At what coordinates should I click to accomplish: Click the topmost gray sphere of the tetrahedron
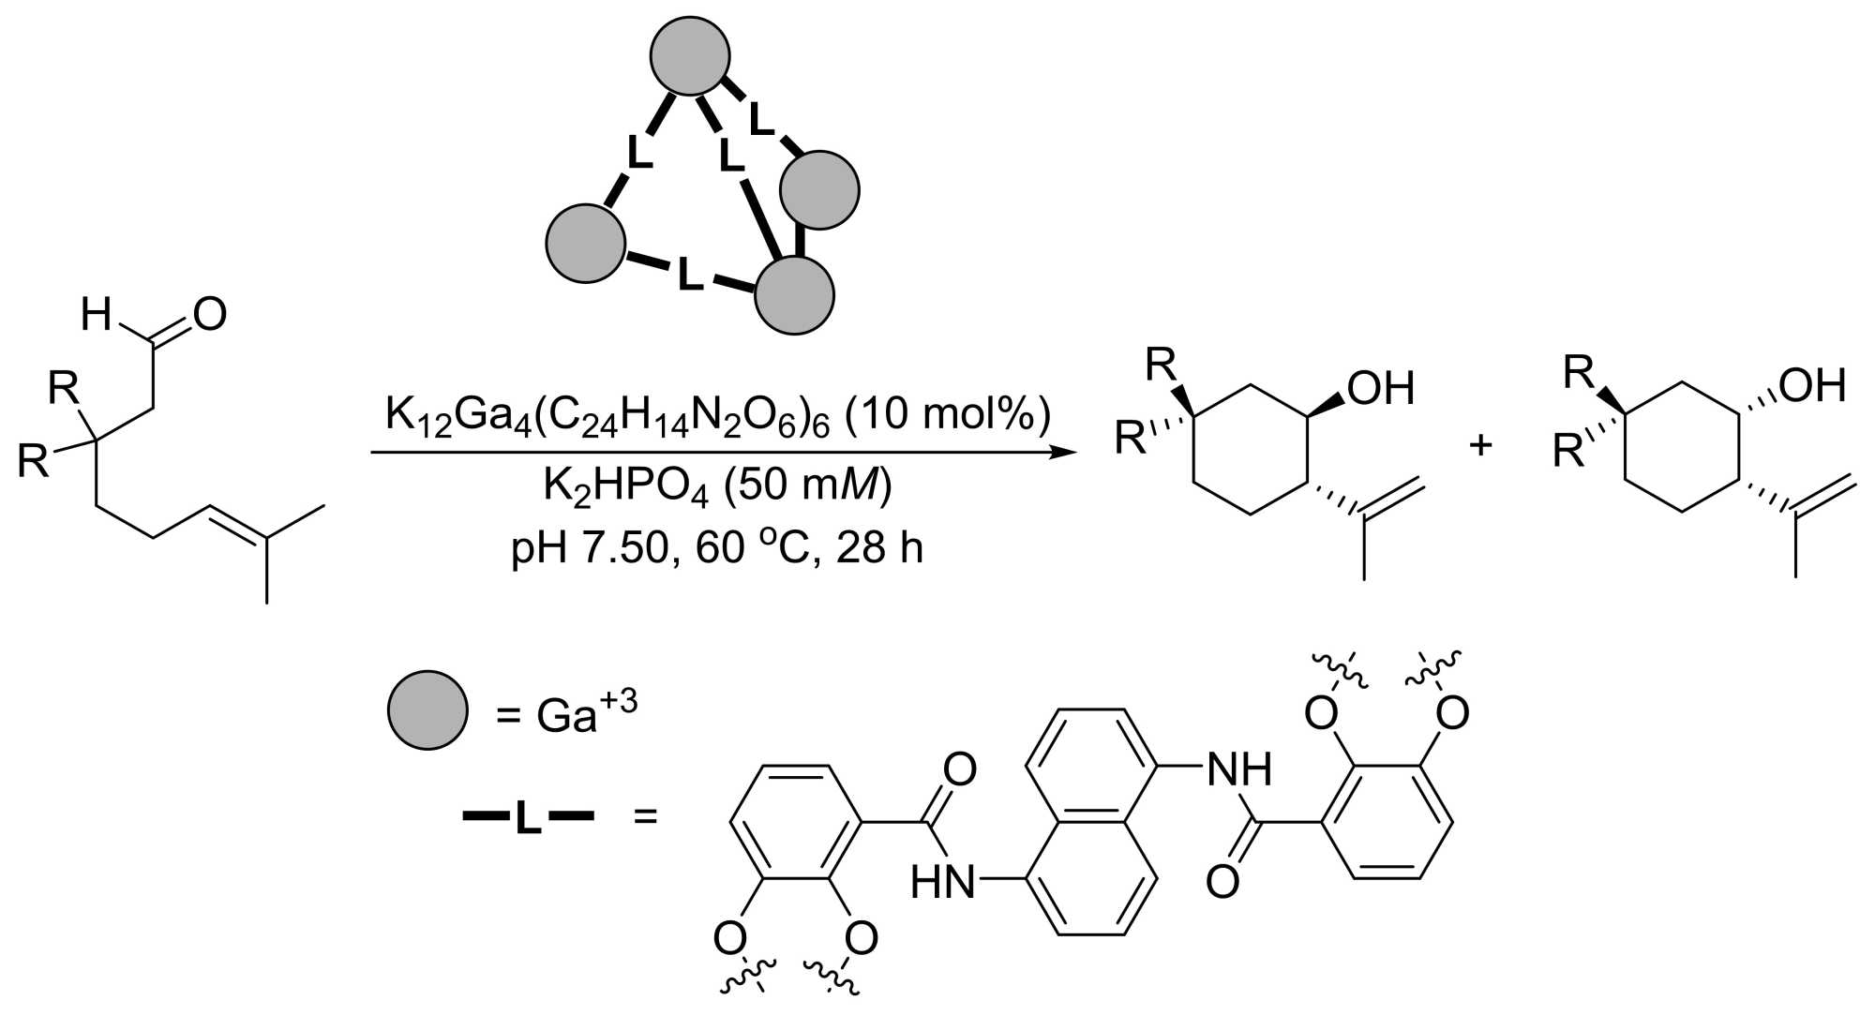click(691, 56)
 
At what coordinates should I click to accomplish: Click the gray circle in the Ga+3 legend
click(427, 709)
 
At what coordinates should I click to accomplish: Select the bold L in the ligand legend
click(528, 817)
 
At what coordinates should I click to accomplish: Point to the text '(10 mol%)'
click(947, 411)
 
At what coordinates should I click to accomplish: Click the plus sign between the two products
click(1480, 444)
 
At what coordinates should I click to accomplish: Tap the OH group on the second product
click(1811, 384)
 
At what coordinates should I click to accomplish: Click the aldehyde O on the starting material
click(209, 315)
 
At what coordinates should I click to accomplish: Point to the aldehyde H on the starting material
click(97, 315)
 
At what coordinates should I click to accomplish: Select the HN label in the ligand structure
click(943, 882)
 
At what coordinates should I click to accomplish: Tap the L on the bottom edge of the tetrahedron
click(690, 276)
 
